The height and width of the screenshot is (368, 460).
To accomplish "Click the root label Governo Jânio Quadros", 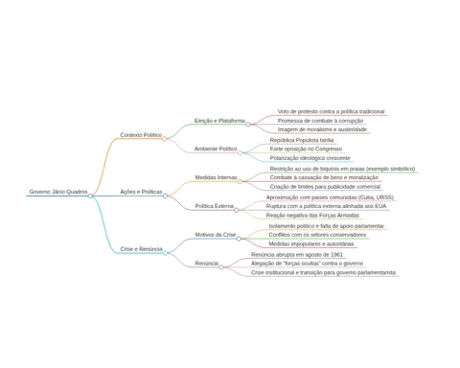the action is coord(58,192).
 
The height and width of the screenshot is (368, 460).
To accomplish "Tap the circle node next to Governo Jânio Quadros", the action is coord(90,195).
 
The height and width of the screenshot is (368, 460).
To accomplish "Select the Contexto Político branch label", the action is coord(141,135).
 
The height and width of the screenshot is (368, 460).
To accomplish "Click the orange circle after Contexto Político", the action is coord(164,139).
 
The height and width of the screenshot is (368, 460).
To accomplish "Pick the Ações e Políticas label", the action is coord(141,192).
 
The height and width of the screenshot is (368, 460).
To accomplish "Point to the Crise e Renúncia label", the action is coord(141,249).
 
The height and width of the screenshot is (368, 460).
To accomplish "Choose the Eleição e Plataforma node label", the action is coord(219,121).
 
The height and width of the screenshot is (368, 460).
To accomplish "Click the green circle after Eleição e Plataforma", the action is coord(248,125).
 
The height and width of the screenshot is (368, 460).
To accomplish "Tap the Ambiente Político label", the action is coord(216,149).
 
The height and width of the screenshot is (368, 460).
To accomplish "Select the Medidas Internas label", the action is coord(216,177).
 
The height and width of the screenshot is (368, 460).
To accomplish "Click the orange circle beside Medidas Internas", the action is coord(240,181).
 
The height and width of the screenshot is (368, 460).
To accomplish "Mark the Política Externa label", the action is coord(215,206).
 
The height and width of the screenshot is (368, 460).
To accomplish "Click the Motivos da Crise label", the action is coord(216,235).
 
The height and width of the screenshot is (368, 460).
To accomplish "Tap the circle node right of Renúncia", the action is coord(221,267).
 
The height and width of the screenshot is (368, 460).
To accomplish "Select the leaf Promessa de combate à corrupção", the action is coord(320,121).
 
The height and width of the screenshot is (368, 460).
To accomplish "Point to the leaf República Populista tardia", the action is coord(302,140).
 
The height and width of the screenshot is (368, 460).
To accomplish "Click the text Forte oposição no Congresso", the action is coord(306,149).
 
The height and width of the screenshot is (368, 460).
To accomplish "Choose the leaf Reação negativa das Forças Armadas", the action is coord(312,216).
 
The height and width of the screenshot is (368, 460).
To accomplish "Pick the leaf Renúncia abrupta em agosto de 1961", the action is coord(297,255).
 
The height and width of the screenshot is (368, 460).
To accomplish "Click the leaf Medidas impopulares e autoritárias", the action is coord(311,243).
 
